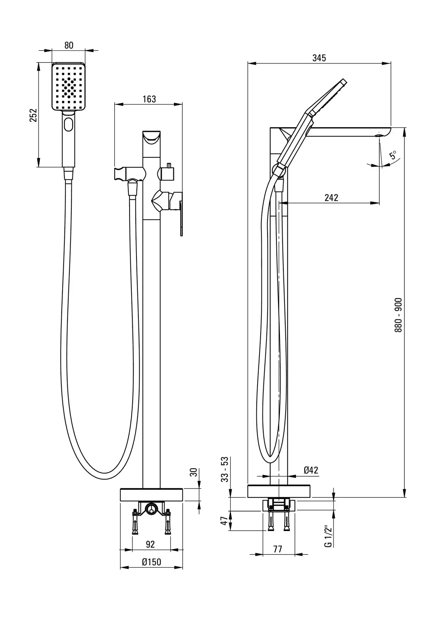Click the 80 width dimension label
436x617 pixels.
point(68,45)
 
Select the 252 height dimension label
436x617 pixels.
point(33,115)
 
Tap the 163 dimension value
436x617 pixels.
point(149,99)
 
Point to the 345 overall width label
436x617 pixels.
point(319,58)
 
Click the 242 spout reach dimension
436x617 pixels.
point(331,198)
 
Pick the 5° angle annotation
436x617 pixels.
point(393,155)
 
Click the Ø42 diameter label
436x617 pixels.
point(311,470)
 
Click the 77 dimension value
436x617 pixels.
point(278,550)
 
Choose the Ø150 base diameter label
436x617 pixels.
point(151,562)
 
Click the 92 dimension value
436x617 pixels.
point(150,544)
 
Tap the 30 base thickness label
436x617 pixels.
point(194,472)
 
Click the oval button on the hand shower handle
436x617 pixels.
point(69,125)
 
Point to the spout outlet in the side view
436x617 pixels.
point(379,135)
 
